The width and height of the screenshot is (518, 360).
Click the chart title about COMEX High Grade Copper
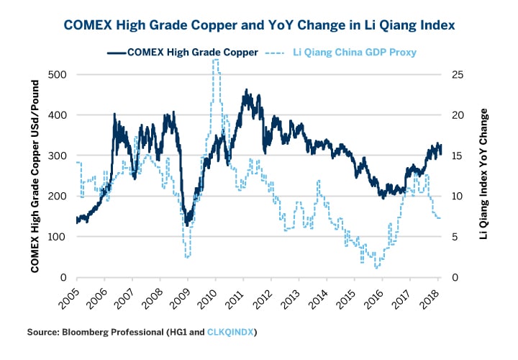[x=259, y=24]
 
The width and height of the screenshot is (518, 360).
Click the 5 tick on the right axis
[x=455, y=237]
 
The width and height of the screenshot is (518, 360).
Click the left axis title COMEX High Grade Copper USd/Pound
[x=35, y=176]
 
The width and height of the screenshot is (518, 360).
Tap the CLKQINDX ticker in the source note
[x=232, y=332]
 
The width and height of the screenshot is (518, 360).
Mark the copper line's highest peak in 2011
[x=247, y=91]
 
